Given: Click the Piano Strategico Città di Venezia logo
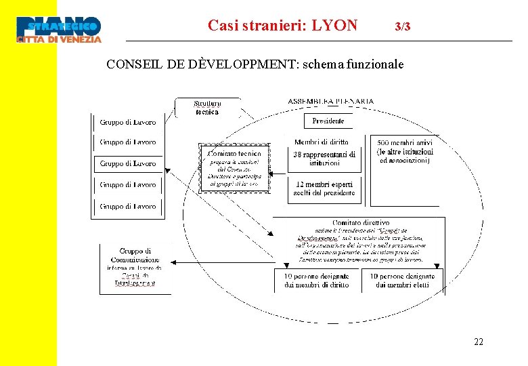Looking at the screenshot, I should [59, 30].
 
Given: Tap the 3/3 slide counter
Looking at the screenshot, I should [402, 27].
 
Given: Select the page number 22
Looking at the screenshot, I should [479, 342].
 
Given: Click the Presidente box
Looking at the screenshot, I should [328, 121].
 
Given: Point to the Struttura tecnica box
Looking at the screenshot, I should [207, 108].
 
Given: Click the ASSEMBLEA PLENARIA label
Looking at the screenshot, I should [330, 102].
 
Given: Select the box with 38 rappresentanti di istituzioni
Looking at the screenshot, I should [324, 159].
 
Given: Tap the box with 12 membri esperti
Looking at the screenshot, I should [324, 188].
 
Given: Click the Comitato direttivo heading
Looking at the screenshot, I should [361, 222].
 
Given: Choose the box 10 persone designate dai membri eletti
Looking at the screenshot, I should [402, 281].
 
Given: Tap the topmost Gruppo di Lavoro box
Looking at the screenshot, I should [128, 123].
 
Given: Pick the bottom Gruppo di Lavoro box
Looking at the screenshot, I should [128, 206].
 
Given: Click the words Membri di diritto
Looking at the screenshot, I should [322, 142].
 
